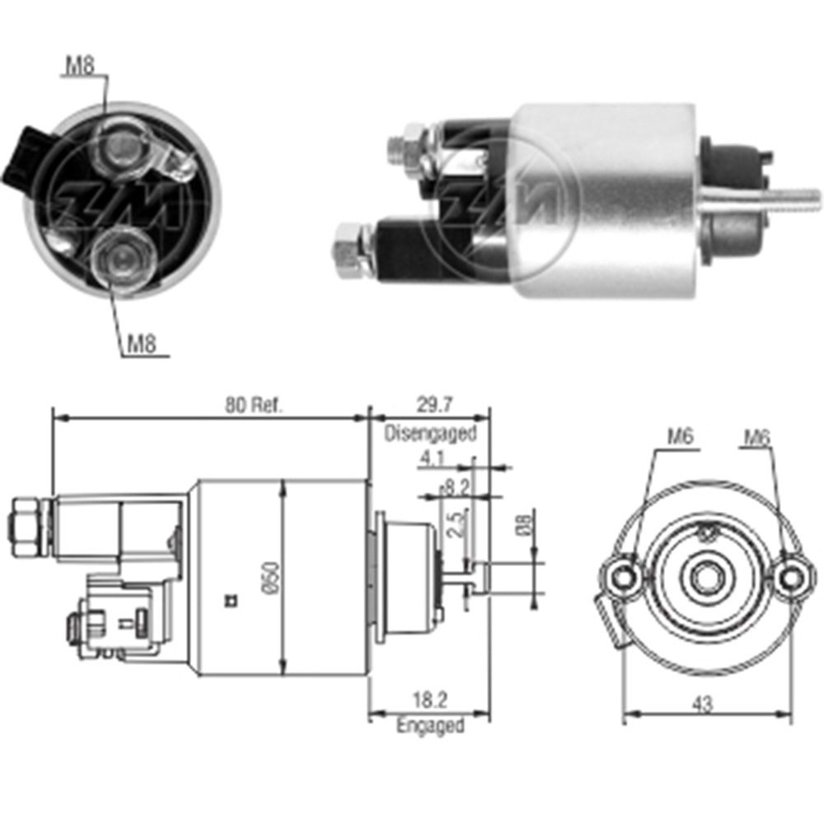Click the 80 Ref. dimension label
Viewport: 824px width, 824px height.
254,405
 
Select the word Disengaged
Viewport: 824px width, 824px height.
430,433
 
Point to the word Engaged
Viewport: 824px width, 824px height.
430,725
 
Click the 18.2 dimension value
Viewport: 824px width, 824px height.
430,700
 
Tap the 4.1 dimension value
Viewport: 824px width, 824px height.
432,459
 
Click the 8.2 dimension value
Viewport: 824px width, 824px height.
455,488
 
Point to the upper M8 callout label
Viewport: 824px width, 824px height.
80,66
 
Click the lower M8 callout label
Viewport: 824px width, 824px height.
142,344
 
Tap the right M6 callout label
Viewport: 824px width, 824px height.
756,438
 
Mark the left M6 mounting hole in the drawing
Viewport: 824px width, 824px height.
624,578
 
